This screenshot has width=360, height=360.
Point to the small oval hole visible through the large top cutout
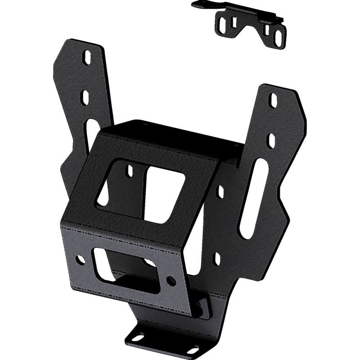[129, 170]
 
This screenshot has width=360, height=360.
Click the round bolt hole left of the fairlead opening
[81, 259]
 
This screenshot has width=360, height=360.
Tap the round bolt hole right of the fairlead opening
[171, 280]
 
